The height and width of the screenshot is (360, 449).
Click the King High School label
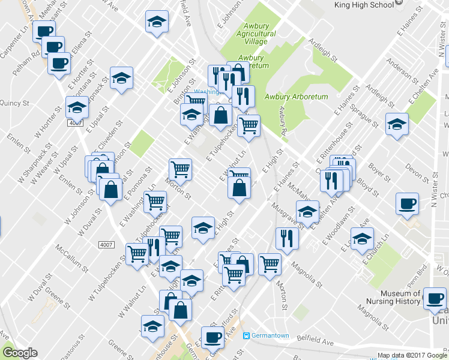tap(364, 4)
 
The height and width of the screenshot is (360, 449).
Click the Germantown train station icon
tap(247, 335)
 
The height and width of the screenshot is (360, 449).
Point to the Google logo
tap(20, 353)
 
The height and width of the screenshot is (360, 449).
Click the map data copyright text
tap(412, 355)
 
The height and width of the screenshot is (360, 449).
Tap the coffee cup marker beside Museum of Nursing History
tap(434, 298)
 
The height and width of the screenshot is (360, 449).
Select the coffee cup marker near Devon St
tap(408, 203)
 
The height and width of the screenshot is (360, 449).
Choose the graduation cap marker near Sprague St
tap(397, 124)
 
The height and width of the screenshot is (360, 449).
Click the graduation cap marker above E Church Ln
tap(362, 239)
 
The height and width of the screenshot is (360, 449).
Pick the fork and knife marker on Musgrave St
tap(288, 238)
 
